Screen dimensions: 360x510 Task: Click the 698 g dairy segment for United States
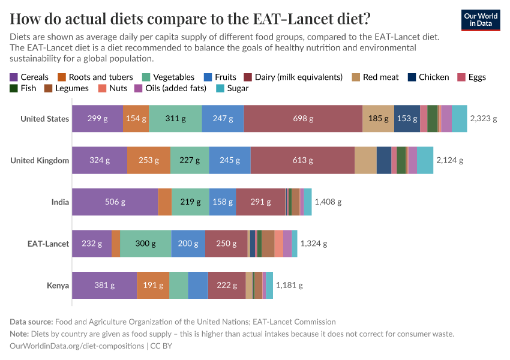[303, 119]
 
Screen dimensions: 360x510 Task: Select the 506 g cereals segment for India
[115, 202]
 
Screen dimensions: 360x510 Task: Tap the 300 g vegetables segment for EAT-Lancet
[145, 244]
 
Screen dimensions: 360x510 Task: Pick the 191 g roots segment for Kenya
[153, 286]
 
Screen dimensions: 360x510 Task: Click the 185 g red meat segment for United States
[378, 119]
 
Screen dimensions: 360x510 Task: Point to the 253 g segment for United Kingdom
[148, 161]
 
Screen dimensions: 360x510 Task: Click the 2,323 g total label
[484, 119]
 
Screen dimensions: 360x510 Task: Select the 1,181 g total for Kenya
[289, 286]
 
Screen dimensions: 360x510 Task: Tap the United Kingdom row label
[40, 161]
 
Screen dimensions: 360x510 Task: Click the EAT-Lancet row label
[48, 244]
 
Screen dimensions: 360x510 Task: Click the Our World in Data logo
[481, 20]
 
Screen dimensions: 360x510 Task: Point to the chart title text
[190, 18]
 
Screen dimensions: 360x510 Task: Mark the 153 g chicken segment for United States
[407, 119]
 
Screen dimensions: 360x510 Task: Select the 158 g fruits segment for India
[223, 202]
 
